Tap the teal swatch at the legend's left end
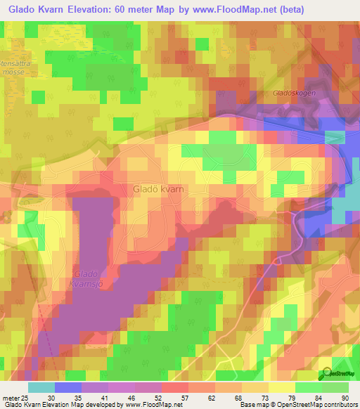pyautogui.click(x=41, y=387)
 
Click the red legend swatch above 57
pyautogui.click(x=174, y=387)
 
